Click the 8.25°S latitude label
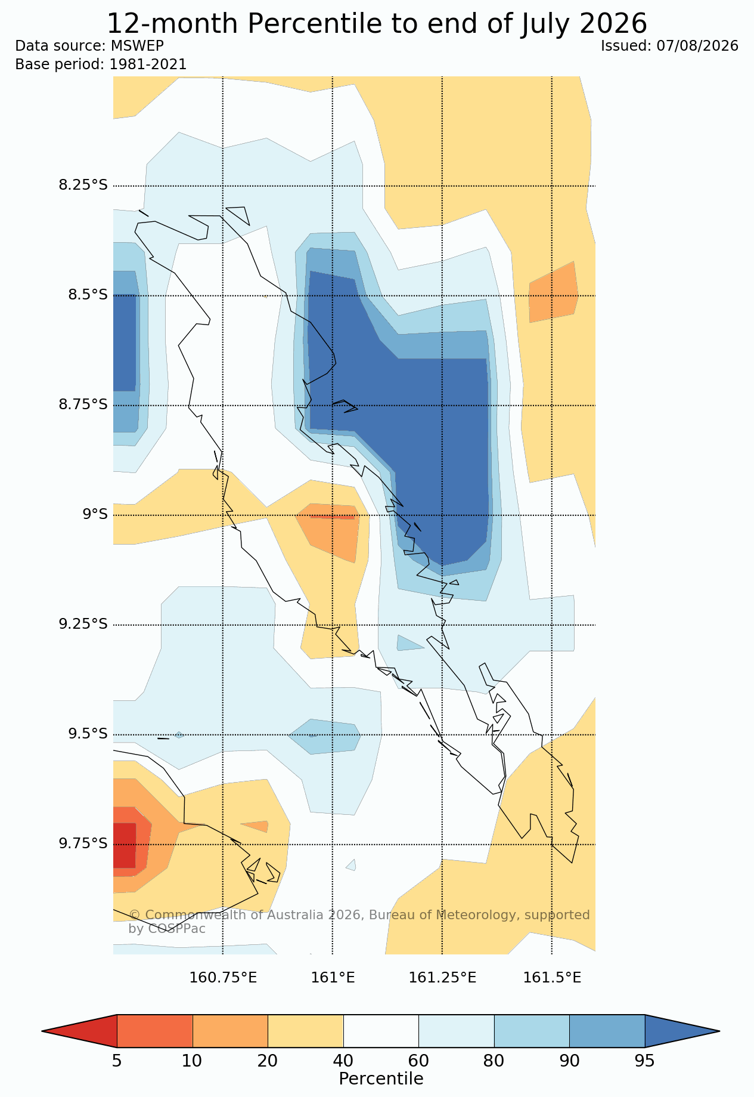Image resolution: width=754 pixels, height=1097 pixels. (x=83, y=185)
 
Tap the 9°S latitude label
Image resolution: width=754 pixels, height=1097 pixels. (x=95, y=514)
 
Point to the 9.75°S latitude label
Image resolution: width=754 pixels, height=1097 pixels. (x=83, y=843)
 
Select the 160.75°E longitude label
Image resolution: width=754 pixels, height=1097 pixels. (x=223, y=978)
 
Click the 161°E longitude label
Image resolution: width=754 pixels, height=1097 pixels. (x=333, y=978)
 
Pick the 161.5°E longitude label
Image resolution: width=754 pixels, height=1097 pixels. (x=552, y=978)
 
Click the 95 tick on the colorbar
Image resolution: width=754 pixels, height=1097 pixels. (x=645, y=1061)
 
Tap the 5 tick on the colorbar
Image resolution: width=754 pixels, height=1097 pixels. (x=117, y=1061)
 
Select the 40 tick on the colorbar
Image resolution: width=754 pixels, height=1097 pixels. (x=343, y=1061)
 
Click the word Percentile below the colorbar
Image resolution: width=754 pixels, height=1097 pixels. (x=381, y=1079)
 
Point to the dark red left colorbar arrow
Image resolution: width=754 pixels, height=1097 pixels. (x=79, y=1031)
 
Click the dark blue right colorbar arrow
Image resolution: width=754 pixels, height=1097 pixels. (x=682, y=1031)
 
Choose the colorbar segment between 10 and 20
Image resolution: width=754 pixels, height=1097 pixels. (x=230, y=1031)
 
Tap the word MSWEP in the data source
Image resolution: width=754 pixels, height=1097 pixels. (x=137, y=46)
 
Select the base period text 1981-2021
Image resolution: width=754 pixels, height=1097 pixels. (x=148, y=64)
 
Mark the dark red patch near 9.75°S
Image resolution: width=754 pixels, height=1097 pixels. (x=125, y=845)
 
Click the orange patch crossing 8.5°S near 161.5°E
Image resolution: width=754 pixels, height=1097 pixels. (x=553, y=292)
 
